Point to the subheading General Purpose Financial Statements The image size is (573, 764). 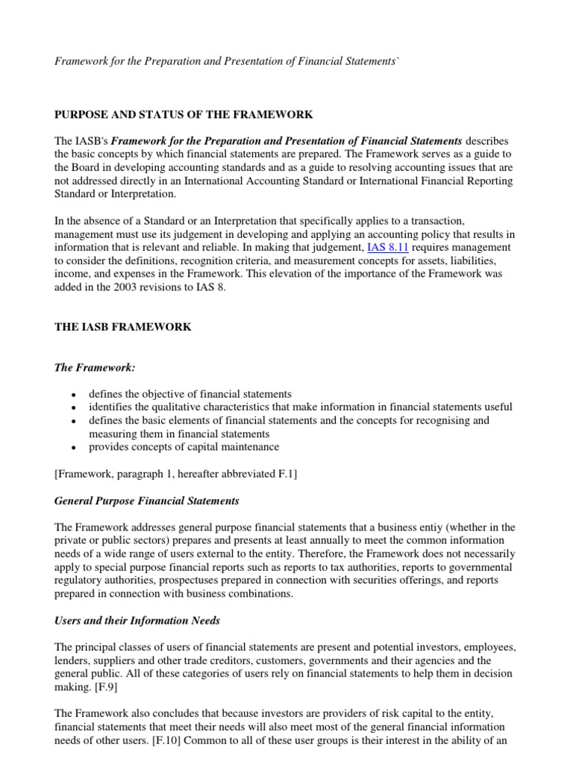147,500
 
